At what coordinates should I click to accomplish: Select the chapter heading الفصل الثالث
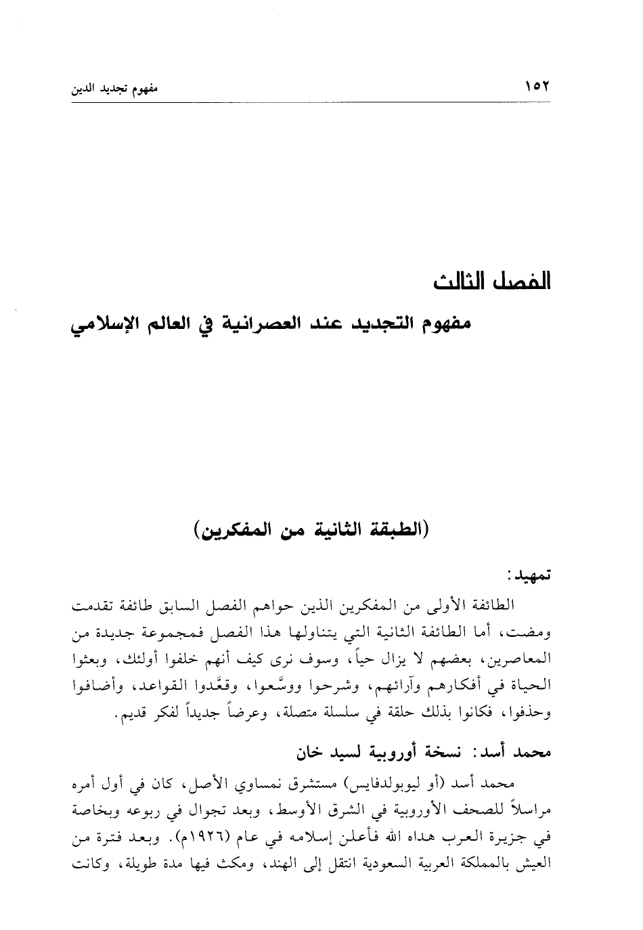(492, 281)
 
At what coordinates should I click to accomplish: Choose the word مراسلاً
(523, 812)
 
